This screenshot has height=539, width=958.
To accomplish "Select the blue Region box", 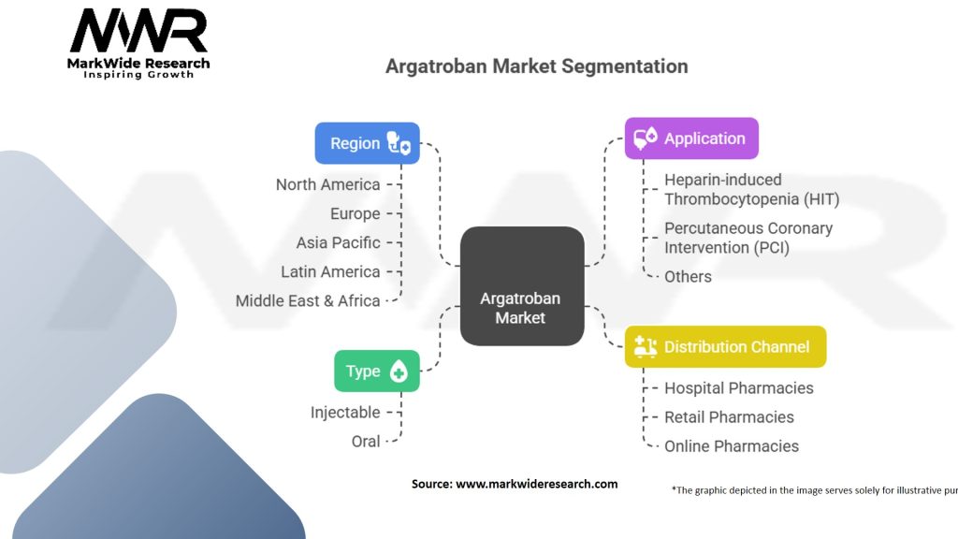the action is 367,143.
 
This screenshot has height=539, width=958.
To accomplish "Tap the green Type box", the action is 376,371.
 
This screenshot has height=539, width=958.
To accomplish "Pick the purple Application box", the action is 691,138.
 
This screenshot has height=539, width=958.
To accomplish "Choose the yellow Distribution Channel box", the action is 725,346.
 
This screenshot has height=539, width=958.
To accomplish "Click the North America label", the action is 327,184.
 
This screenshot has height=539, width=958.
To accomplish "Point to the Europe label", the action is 355,213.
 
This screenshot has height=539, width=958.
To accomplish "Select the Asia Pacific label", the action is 338,242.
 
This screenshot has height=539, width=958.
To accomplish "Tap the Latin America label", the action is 330,271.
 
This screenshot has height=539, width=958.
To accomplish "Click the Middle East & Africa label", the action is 308,300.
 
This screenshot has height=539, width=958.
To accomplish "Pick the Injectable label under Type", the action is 345,412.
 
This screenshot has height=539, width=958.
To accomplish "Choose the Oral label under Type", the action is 366,441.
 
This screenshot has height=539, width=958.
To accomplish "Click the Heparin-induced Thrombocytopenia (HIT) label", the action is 751,189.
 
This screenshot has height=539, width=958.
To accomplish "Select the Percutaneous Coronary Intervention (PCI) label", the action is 748,238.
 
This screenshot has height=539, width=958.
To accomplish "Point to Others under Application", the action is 688,276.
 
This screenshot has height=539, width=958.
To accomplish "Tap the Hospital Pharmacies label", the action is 738,387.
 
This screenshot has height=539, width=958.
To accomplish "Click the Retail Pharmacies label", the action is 729,416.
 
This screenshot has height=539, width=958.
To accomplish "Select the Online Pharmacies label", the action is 732,446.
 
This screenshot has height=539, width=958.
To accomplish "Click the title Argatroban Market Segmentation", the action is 537,66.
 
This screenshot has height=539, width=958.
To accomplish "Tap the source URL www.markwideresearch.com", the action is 536,484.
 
